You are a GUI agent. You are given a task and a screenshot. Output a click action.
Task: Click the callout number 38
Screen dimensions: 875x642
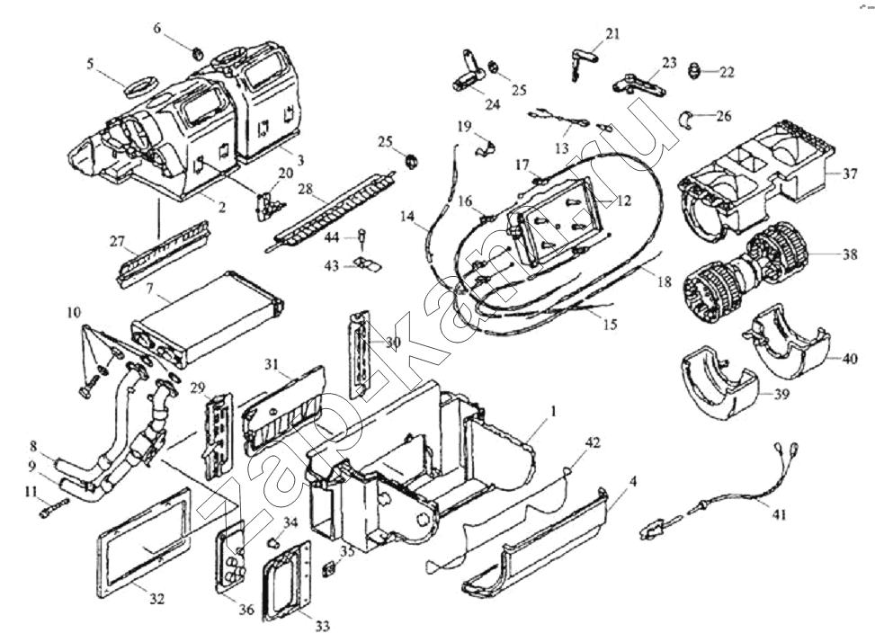coord(849,254)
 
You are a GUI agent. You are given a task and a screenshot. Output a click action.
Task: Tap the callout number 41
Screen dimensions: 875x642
coord(779,514)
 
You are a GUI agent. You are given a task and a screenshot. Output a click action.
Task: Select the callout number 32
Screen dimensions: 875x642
coord(156,599)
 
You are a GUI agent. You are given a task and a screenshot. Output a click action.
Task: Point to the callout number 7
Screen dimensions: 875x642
coord(149,289)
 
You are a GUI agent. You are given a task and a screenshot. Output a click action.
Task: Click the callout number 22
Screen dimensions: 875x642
coord(727,72)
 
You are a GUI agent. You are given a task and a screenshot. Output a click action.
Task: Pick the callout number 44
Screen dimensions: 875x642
coord(332,237)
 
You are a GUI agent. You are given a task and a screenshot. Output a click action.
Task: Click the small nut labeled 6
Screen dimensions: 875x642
coord(198,55)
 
